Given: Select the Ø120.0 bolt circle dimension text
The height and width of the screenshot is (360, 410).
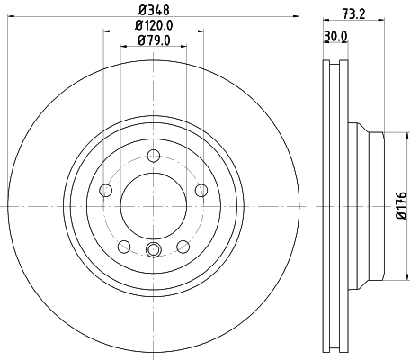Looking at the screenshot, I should point(153,25).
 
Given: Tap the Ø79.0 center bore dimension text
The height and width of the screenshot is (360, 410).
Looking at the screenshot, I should point(153,40).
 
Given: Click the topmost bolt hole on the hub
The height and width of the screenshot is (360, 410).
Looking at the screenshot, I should point(153,154).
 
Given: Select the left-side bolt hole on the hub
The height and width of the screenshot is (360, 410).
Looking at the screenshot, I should point(104,190).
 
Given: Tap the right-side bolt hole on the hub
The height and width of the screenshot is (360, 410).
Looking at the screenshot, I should point(201,189).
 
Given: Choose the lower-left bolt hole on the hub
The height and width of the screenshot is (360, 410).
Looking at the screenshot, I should point(123,246).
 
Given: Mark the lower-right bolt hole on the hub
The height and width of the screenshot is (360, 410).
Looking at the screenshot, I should point(183,246).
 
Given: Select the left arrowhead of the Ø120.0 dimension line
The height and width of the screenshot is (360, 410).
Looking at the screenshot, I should point(106,32).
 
